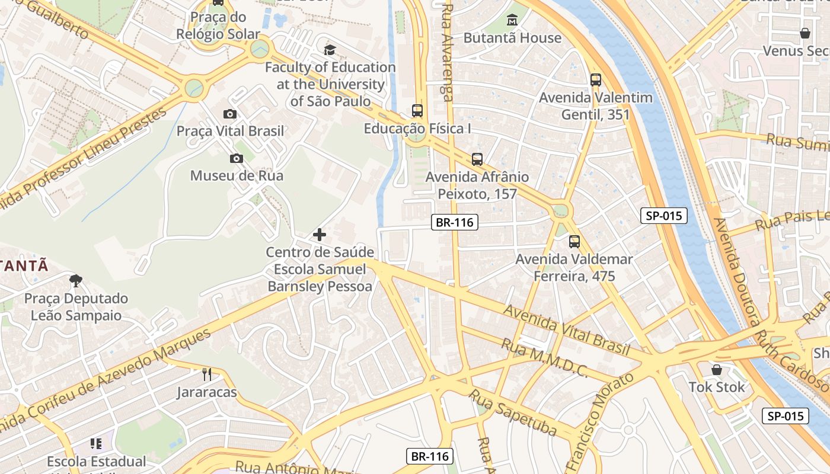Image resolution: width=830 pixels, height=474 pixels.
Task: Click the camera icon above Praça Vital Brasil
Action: pyautogui.click(x=230, y=114)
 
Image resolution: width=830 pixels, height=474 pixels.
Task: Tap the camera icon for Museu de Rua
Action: pyautogui.click(x=236, y=158)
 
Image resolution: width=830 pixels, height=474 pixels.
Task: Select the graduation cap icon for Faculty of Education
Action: pyautogui.click(x=330, y=50)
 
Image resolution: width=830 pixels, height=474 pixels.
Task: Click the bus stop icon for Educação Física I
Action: pyautogui.click(x=417, y=111)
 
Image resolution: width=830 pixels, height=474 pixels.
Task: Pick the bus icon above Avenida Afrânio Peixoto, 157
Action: pyautogui.click(x=477, y=159)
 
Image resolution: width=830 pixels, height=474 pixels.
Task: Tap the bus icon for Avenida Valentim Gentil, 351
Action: pyautogui.click(x=596, y=80)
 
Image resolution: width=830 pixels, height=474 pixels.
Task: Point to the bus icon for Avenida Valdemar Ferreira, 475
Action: pyautogui.click(x=574, y=242)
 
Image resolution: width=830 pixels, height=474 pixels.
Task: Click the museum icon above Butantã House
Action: pyautogui.click(x=512, y=21)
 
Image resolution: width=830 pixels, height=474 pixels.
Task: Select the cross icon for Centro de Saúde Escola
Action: pyautogui.click(x=320, y=235)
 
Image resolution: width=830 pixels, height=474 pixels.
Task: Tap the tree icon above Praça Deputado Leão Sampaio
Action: pyautogui.click(x=75, y=280)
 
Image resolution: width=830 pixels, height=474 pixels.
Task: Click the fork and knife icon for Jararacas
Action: pyautogui.click(x=206, y=374)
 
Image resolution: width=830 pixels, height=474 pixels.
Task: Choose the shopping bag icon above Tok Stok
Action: pyautogui.click(x=716, y=370)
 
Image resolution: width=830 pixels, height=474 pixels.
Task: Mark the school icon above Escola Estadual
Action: pyautogui.click(x=96, y=443)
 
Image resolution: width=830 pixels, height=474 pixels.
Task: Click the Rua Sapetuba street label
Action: pyautogui.click(x=513, y=411)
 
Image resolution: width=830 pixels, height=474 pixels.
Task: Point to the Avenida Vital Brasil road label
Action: pyautogui.click(x=566, y=330)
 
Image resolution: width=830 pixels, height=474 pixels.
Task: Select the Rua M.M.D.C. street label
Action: pyautogui.click(x=544, y=358)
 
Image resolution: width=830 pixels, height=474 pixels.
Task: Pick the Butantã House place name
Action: pyautogui.click(x=512, y=38)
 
